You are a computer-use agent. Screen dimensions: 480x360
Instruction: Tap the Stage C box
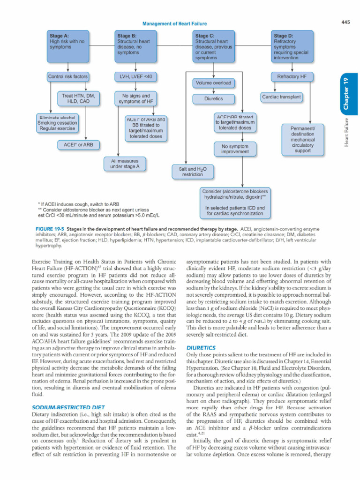point(214,45)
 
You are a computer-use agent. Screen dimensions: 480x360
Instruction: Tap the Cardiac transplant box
point(281,97)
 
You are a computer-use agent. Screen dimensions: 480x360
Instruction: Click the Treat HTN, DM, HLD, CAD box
point(79,99)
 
